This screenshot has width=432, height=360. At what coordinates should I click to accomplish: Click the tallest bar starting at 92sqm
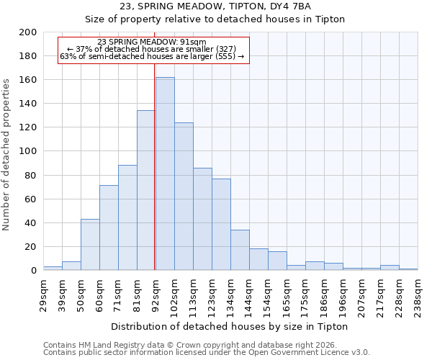click(x=165, y=174)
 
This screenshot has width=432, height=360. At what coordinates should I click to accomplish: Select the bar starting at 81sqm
click(x=146, y=190)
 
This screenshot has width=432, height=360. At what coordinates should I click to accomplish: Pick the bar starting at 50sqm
click(x=90, y=245)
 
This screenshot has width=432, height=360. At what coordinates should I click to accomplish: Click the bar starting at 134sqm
click(x=240, y=250)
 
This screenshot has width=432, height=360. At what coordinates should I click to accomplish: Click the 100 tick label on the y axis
click(x=28, y=151)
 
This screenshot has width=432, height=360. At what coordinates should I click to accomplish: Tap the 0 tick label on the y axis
click(x=33, y=271)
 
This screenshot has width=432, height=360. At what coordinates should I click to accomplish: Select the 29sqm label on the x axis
click(x=43, y=292)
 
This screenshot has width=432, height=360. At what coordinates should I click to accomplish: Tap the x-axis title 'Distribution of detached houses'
click(x=230, y=326)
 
